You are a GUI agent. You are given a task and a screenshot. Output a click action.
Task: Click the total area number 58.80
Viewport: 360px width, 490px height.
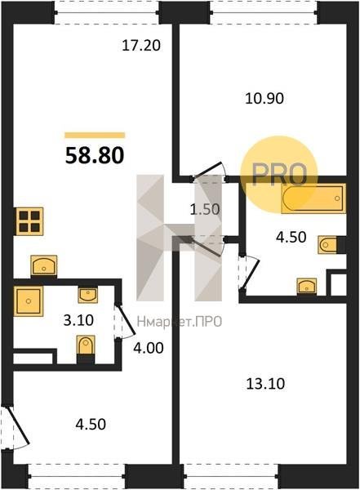tap(95, 155)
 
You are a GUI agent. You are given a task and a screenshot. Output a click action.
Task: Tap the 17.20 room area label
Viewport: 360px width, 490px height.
tap(141, 46)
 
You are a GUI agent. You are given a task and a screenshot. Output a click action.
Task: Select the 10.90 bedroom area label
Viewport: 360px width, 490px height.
tap(264, 99)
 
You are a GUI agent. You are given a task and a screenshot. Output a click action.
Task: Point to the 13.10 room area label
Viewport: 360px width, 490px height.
tap(265, 384)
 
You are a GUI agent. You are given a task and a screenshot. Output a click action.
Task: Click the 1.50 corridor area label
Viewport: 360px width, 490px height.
tap(205, 209)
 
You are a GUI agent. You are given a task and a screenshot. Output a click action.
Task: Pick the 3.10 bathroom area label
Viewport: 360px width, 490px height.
tap(78, 320)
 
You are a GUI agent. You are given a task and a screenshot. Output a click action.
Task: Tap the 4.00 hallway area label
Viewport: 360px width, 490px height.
tap(149, 348)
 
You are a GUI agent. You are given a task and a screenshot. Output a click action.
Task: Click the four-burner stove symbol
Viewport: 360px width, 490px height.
tap(29, 221)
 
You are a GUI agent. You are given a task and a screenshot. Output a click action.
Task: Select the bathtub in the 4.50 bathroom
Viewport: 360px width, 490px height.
tap(313, 198)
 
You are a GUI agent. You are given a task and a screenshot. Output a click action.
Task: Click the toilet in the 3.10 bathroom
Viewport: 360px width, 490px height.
tap(86, 346)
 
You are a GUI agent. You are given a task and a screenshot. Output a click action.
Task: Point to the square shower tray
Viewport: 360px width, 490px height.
tap(28, 301)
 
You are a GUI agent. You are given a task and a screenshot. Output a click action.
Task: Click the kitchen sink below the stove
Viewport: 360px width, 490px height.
tap(44, 265)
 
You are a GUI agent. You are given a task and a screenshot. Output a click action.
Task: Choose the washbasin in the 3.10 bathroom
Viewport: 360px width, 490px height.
tap(88, 295)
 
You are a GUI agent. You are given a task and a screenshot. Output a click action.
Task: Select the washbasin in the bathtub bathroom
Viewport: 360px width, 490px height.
tap(307, 286)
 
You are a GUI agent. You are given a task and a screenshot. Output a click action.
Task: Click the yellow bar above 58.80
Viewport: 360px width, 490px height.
tap(95, 136)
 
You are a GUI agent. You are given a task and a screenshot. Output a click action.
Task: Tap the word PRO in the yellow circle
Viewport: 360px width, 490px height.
tap(278, 175)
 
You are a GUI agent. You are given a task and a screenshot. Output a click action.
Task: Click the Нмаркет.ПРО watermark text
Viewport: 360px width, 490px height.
tap(180, 322)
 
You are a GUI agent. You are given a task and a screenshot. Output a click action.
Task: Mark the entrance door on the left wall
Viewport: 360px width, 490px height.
tap(16, 428)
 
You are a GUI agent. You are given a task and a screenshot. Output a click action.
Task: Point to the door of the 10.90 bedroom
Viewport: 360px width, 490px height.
tap(208, 171)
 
